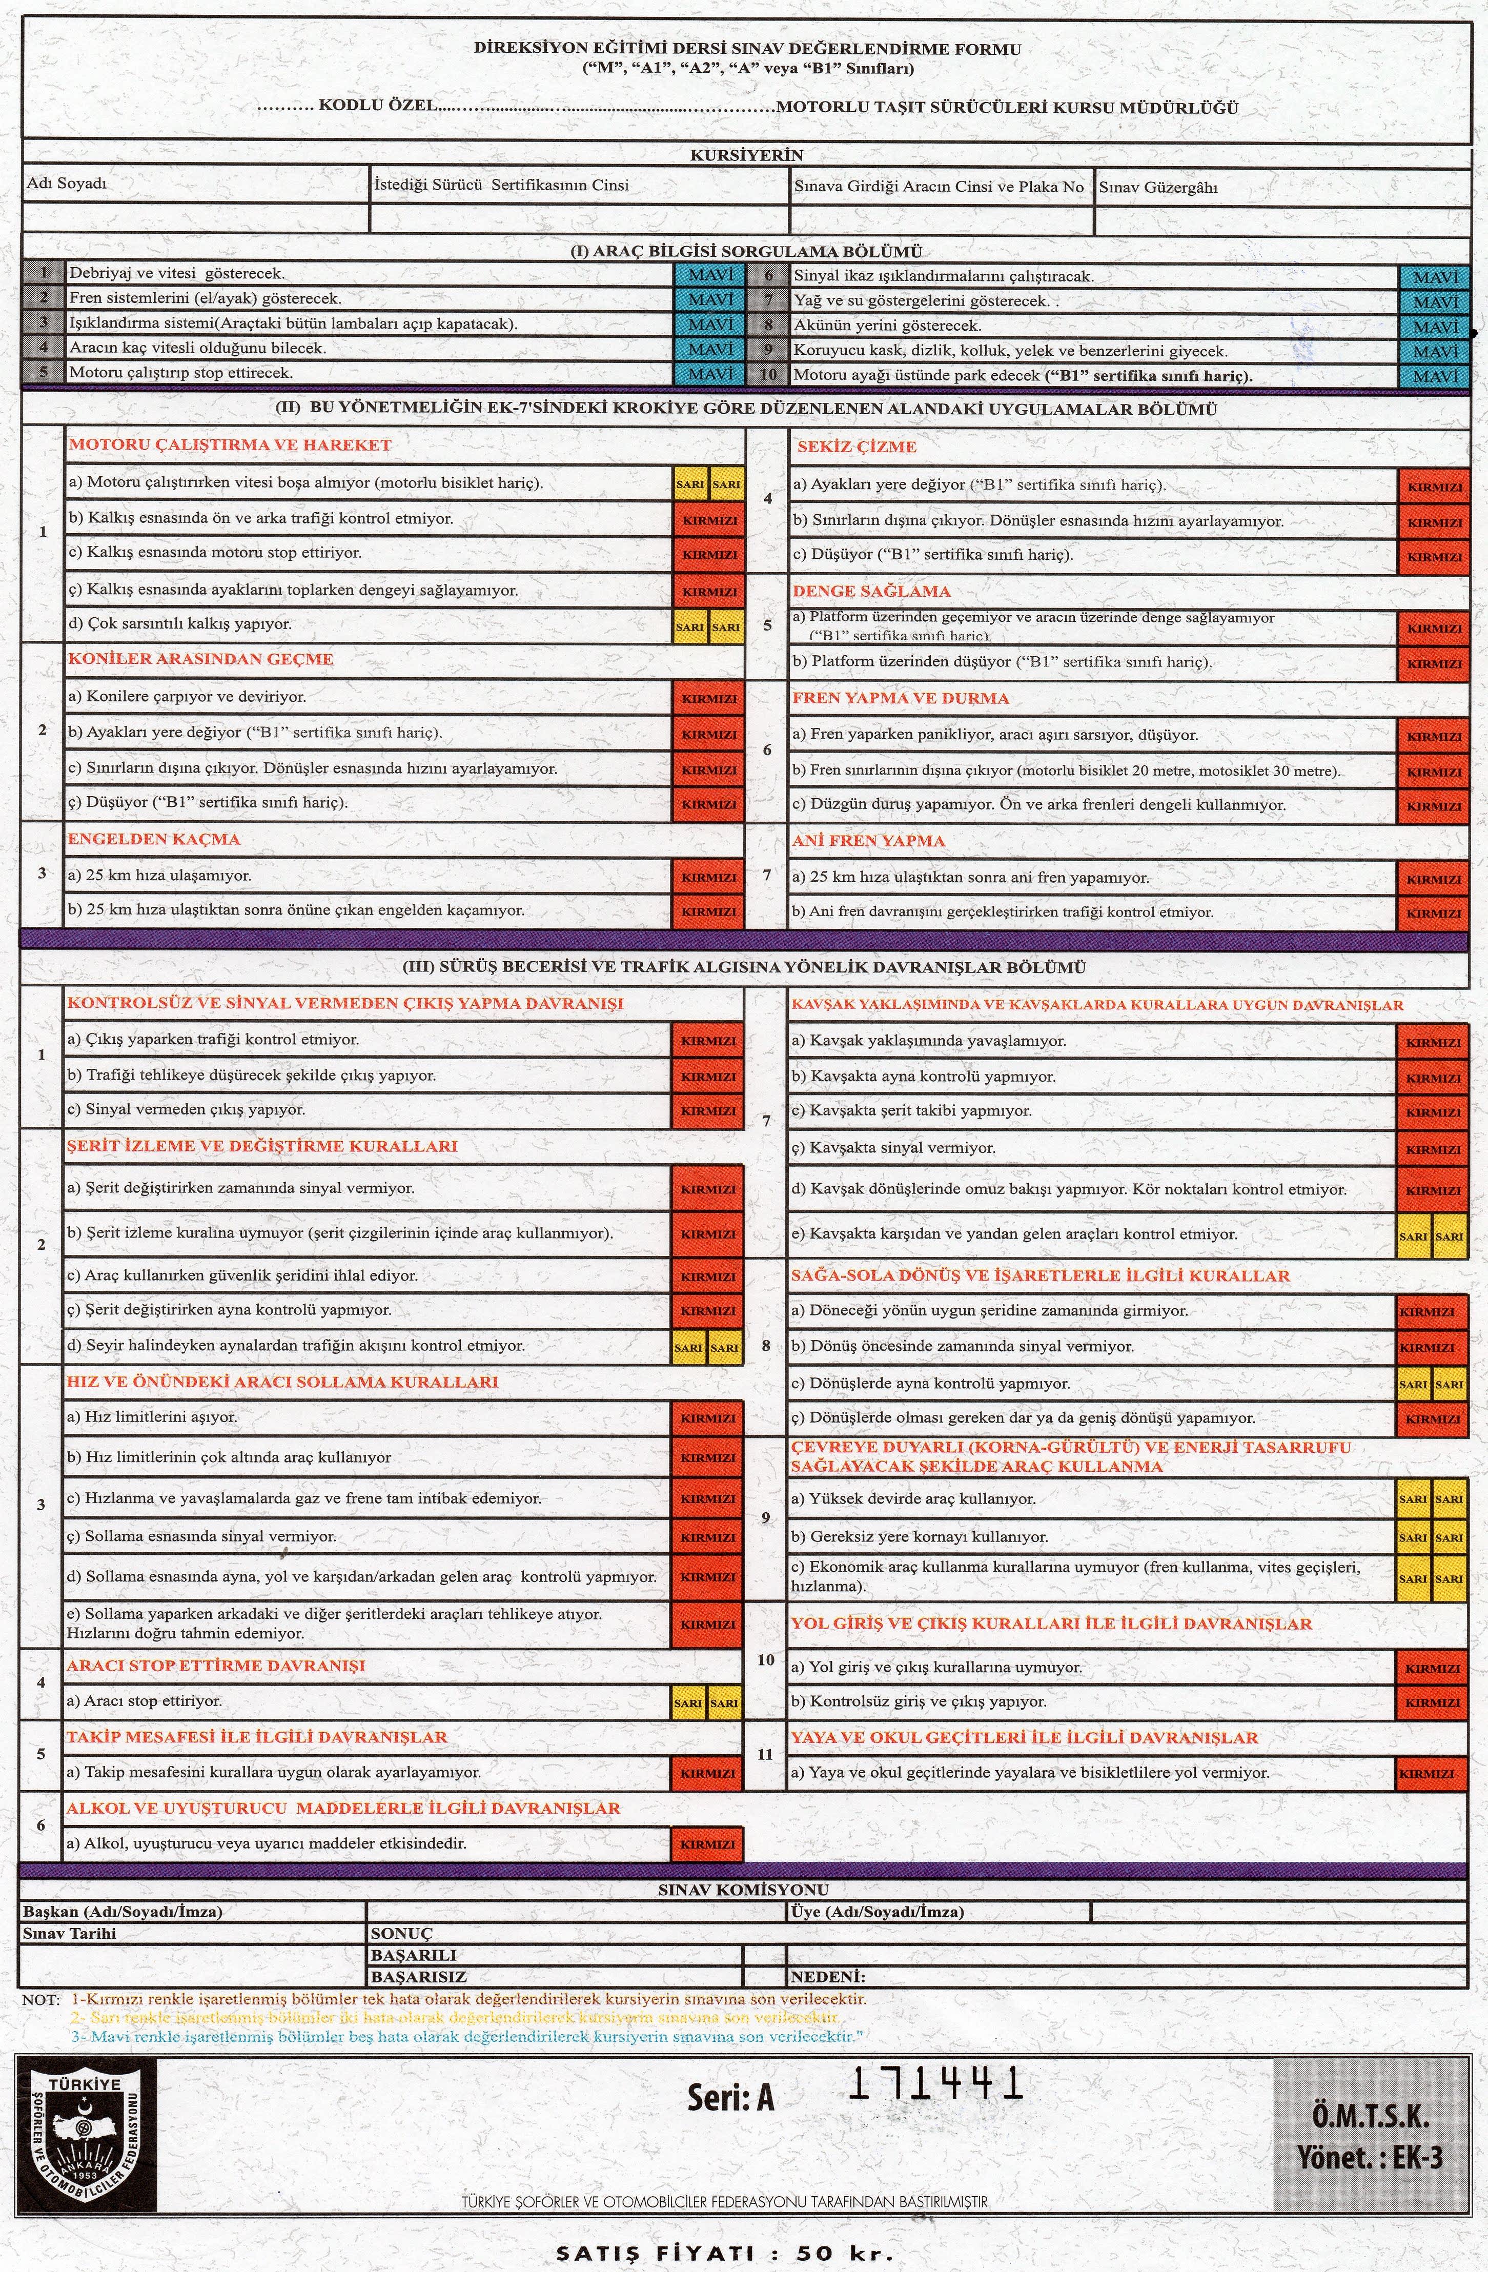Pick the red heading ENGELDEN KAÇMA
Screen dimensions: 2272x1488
[153, 839]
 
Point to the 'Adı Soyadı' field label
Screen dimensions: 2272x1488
[67, 184]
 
